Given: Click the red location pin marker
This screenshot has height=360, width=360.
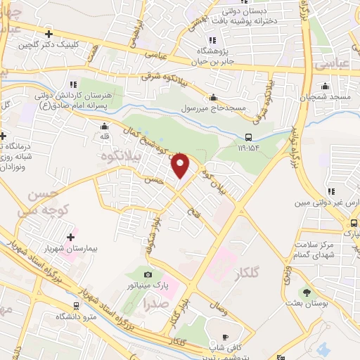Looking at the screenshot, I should [x=181, y=165].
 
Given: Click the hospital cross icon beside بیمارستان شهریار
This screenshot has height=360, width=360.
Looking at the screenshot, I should [x=70, y=236].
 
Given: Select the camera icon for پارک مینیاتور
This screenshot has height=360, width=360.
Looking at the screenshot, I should [x=148, y=274].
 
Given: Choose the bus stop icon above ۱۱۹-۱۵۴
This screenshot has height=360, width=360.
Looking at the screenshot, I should [x=248, y=138].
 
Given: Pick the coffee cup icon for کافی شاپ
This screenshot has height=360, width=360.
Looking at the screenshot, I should [x=225, y=337].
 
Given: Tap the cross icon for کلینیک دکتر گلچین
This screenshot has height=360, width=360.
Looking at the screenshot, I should [x=49, y=33].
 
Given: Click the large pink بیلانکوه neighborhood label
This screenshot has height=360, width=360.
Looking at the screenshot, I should [x=117, y=153].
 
